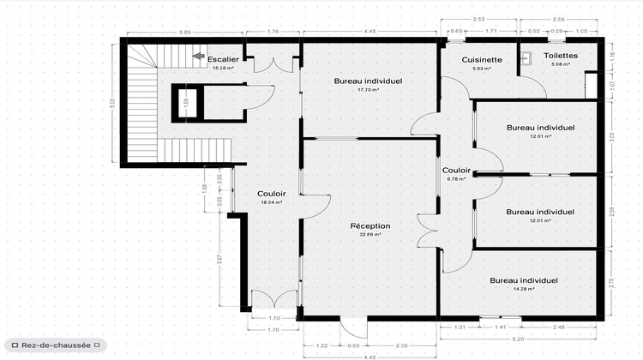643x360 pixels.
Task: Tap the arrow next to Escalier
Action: pyautogui.click(x=198, y=57)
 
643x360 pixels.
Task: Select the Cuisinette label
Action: pyautogui.click(x=475, y=59)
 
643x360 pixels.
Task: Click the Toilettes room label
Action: pyautogui.click(x=561, y=56)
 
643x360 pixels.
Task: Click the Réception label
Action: pyautogui.click(x=370, y=226)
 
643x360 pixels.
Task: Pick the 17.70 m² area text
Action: pyautogui.click(x=369, y=89)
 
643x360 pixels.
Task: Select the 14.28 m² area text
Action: pyautogui.click(x=524, y=289)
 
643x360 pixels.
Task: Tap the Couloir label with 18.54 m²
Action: pyautogui.click(x=271, y=194)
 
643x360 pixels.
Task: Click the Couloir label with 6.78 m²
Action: pyautogui.click(x=456, y=171)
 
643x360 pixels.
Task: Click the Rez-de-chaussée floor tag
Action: pyautogui.click(x=56, y=345)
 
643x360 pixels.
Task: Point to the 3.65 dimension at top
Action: pyautogui.click(x=183, y=33)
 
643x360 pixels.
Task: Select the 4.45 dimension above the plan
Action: pyautogui.click(x=369, y=33)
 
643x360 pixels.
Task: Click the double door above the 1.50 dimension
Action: pyautogui.click(x=273, y=300)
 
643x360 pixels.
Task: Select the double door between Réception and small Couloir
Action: pyautogui.click(x=428, y=230)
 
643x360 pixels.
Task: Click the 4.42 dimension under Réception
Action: pyautogui.click(x=369, y=356)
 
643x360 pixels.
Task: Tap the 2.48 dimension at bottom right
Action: pyautogui.click(x=558, y=327)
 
